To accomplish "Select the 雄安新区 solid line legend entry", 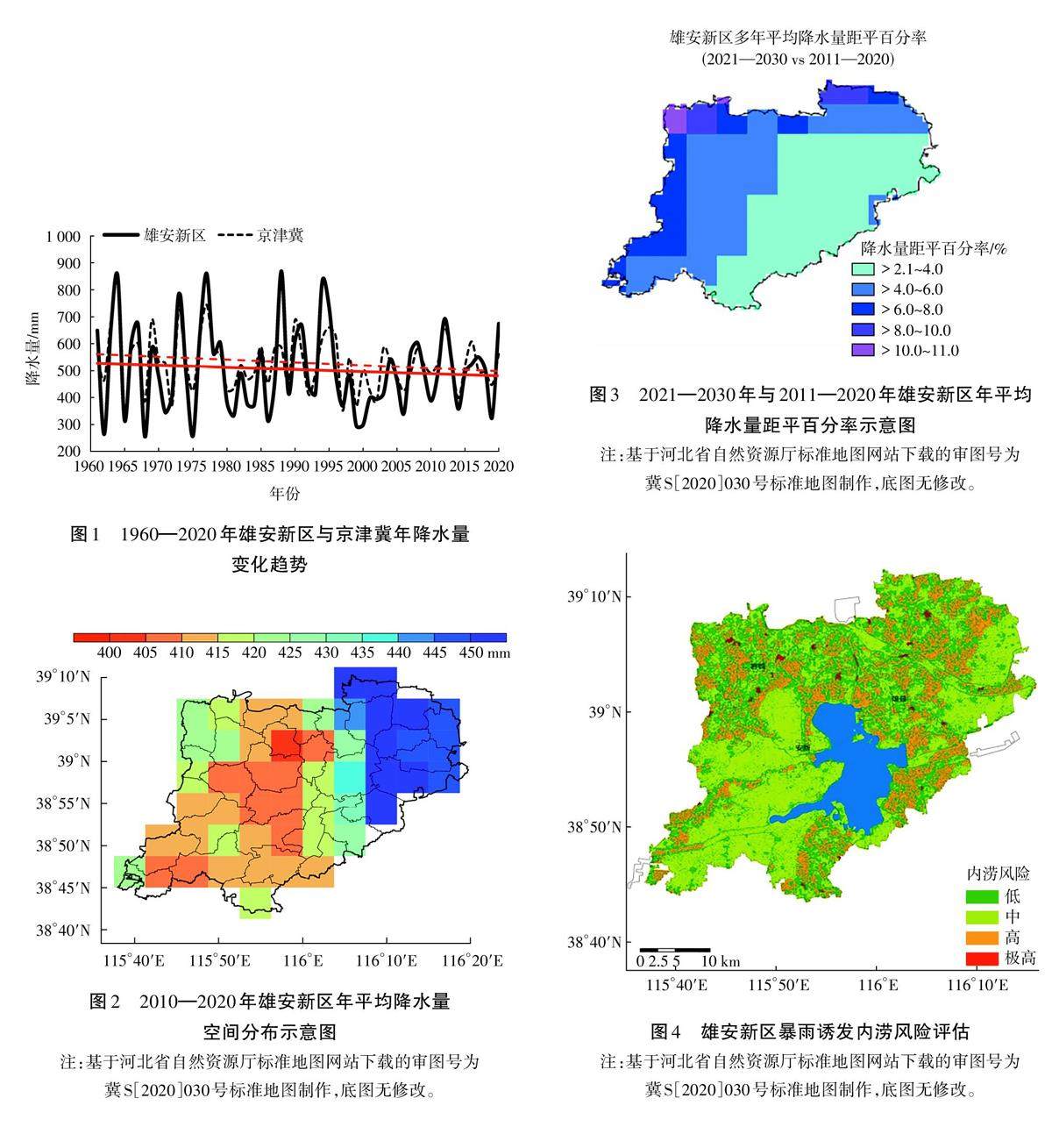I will coord(154,235).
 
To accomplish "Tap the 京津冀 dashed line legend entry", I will coord(260,235).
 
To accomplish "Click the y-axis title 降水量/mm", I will coord(32,345).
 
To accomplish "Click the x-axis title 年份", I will coord(285,494).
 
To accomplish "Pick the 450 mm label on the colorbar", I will coord(489,653).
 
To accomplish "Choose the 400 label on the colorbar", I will coord(110,653).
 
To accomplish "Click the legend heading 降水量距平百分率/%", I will coord(933,248).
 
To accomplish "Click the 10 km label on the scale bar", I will coord(722,961).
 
